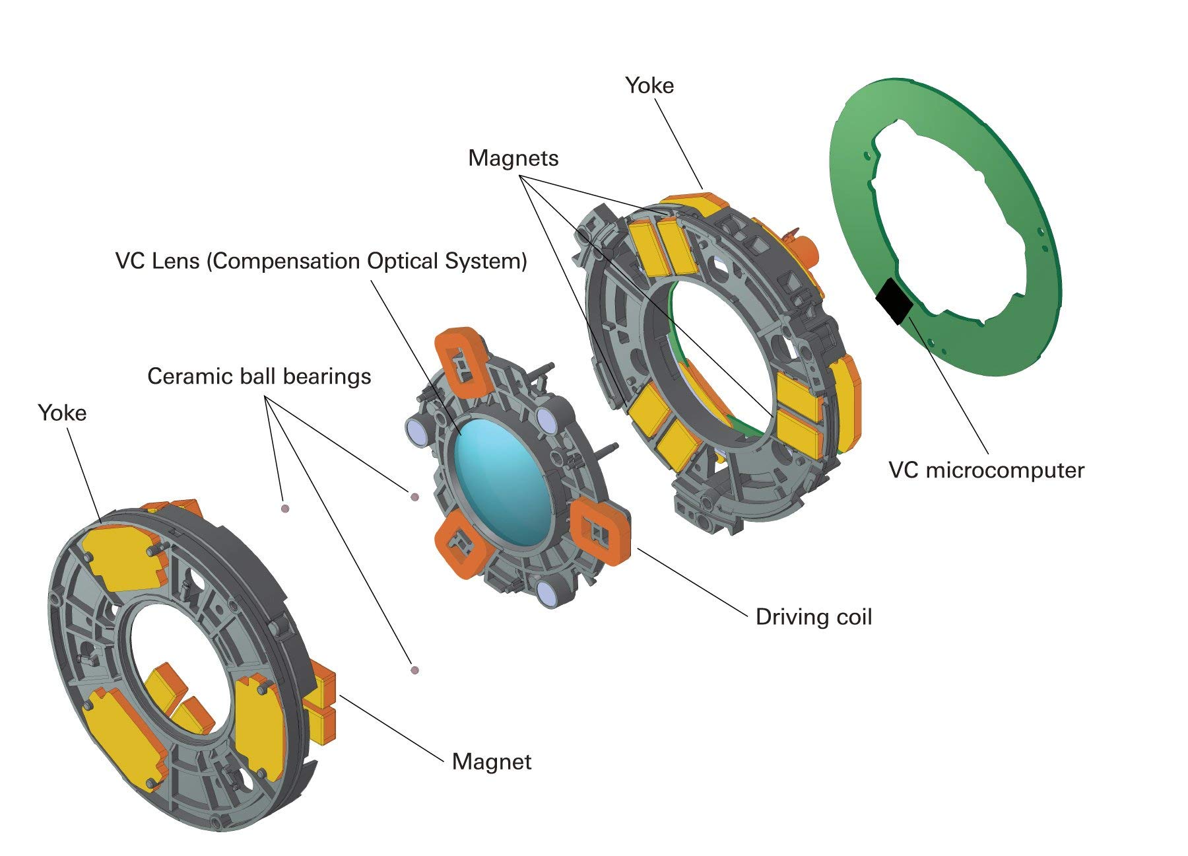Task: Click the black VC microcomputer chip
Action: tap(894, 301)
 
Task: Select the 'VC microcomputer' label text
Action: tap(986, 470)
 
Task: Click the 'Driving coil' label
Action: tap(814, 617)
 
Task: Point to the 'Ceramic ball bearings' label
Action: tap(259, 376)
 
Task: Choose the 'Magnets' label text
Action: tap(513, 158)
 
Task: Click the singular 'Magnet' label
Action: tap(492, 762)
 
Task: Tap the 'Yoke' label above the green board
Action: tap(649, 85)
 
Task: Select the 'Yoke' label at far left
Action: tap(62, 413)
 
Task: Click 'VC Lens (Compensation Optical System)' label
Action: tap(321, 261)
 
